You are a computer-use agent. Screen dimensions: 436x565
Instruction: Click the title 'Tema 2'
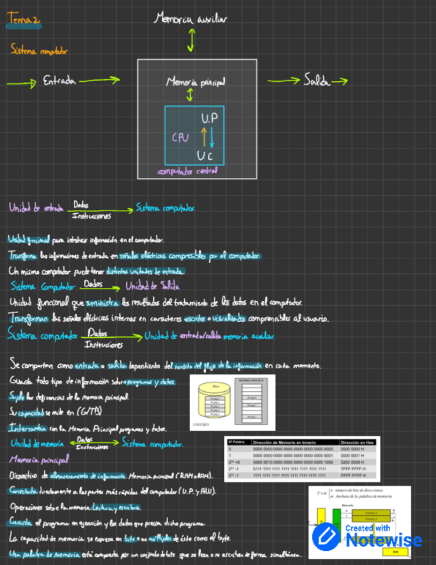[23, 22]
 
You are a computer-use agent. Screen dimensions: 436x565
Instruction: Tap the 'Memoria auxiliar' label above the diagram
[191, 19]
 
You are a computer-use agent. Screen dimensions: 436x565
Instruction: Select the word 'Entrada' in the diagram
[59, 81]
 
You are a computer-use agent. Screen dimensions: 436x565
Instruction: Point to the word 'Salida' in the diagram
[316, 81]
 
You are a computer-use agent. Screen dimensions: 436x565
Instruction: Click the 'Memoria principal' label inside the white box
[195, 82]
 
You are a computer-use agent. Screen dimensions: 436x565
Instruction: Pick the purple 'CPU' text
[181, 137]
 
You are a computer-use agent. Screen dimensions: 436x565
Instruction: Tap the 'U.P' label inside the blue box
[209, 118]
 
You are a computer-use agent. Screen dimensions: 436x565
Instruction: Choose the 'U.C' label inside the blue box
[205, 156]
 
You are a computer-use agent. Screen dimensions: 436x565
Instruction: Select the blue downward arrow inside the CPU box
[212, 139]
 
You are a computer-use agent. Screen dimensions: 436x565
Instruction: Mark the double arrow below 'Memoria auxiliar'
[191, 41]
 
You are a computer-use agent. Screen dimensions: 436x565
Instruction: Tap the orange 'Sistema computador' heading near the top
[39, 50]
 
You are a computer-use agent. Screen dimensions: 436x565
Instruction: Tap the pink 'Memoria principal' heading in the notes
[39, 460]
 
